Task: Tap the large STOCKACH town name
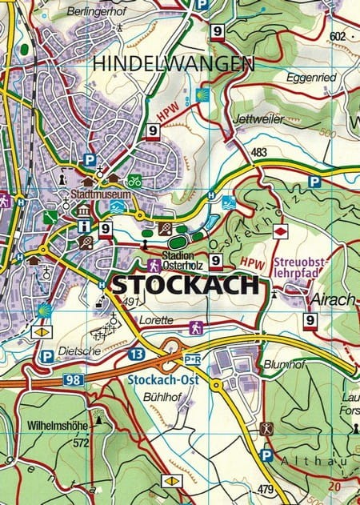pyautogui.click(x=185, y=284)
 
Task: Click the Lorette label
pyautogui.click(x=155, y=319)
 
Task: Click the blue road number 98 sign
pyautogui.click(x=75, y=381)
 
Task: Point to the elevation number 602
pyautogui.click(x=337, y=35)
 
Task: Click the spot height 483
pyautogui.click(x=258, y=152)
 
